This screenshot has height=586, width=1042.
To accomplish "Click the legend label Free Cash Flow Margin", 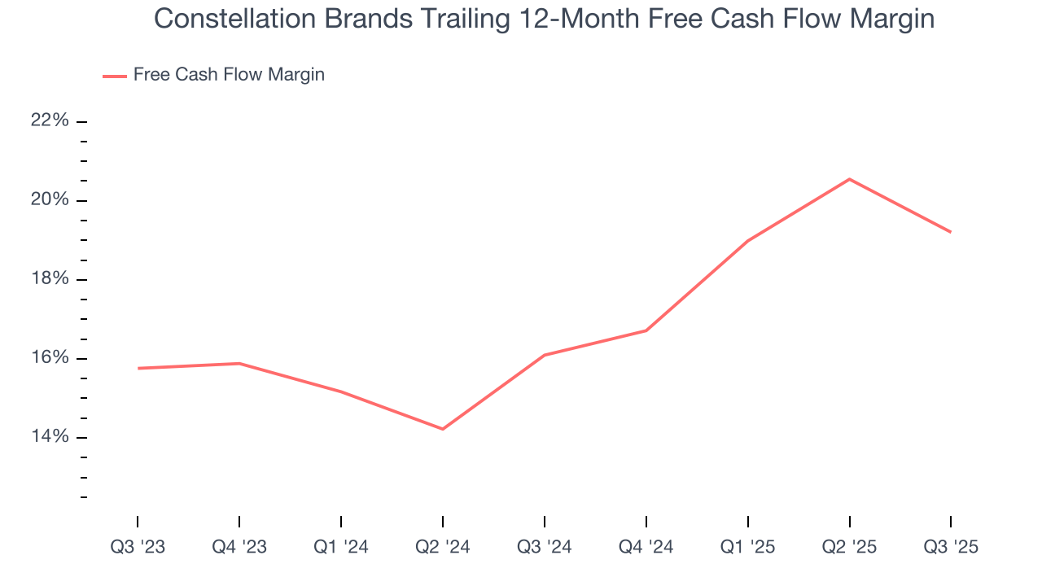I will coord(229,75).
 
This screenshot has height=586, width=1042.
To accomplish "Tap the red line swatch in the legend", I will coord(114,76).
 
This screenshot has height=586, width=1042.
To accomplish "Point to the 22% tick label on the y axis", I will coord(50,121).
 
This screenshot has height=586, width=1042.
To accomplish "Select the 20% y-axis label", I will coord(50,200).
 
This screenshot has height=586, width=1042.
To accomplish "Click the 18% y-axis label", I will coord(50,279).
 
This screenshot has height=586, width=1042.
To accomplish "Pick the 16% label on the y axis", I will coord(50,358).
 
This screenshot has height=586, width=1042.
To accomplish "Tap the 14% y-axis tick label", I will coord(50,437).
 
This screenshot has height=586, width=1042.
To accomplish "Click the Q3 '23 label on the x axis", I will coord(138,547).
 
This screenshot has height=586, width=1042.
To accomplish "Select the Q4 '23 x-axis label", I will coord(239,547).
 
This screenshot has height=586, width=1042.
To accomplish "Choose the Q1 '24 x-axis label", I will coord(341,547).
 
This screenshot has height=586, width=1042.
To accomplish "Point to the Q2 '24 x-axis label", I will coord(443,547).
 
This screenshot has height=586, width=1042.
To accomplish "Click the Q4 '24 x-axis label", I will coord(646,547).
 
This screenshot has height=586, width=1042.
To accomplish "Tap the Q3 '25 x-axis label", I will coord(951,547).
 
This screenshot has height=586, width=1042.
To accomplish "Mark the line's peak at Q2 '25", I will coord(849,179).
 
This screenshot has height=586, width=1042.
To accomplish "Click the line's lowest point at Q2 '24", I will coord(443,429).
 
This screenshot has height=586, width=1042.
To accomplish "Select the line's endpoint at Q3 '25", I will coord(951,232).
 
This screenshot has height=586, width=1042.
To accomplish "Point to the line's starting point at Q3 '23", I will coord(138,368).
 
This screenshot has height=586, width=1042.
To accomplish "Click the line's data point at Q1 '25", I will coord(747,240).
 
